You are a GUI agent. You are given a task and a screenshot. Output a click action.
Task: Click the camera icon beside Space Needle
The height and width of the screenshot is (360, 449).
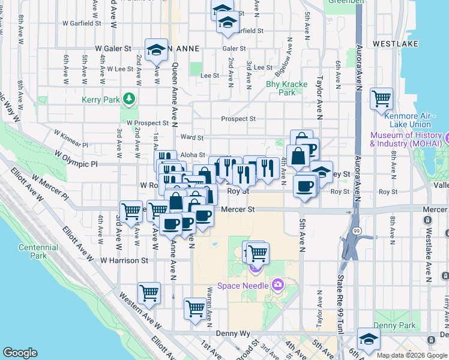278,284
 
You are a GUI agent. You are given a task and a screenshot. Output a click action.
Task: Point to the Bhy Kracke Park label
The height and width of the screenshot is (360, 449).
282,88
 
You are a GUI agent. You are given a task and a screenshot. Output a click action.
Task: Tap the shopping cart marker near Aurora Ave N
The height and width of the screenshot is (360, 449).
381,98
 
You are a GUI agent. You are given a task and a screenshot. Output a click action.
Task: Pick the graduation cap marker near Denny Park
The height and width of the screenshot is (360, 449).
368,338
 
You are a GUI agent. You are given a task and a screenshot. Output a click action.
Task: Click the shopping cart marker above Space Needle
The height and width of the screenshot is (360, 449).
258,253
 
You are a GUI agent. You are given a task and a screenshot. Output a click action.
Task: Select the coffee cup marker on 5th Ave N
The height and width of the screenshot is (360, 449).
305,185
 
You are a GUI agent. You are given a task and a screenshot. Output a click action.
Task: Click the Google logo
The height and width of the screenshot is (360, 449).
20,353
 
